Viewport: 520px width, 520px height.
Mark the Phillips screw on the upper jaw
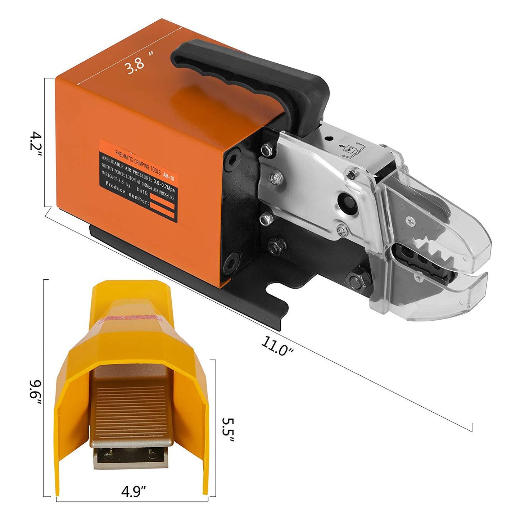pyautogui.click(x=410, y=220)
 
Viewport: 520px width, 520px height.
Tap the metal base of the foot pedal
pyautogui.click(x=130, y=459)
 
